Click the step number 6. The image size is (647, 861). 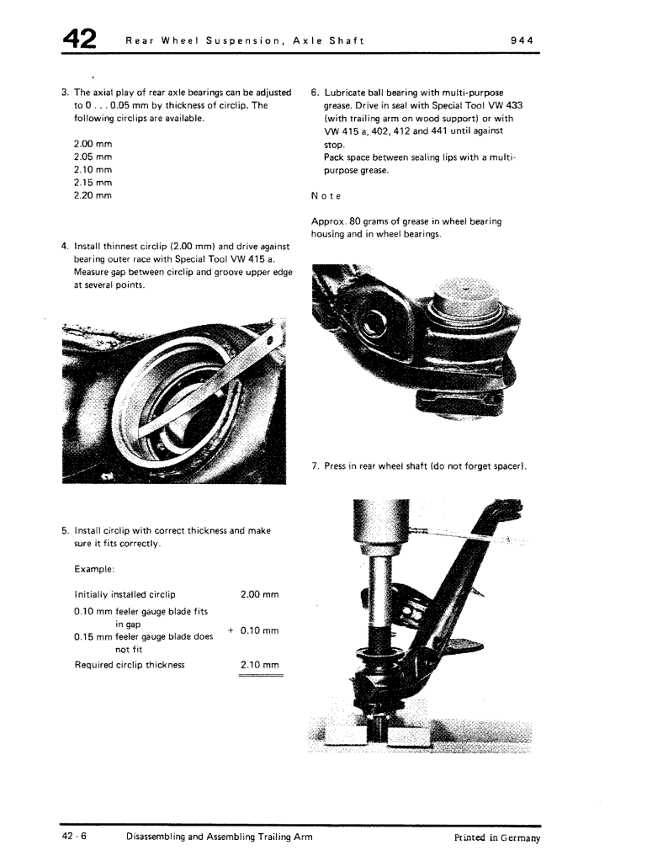(314, 93)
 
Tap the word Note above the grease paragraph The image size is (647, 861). (326, 197)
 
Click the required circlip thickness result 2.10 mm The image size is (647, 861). (259, 665)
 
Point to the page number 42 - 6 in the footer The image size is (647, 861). (73, 838)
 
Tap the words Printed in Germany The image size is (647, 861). (496, 838)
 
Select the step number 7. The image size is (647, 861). (315, 466)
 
